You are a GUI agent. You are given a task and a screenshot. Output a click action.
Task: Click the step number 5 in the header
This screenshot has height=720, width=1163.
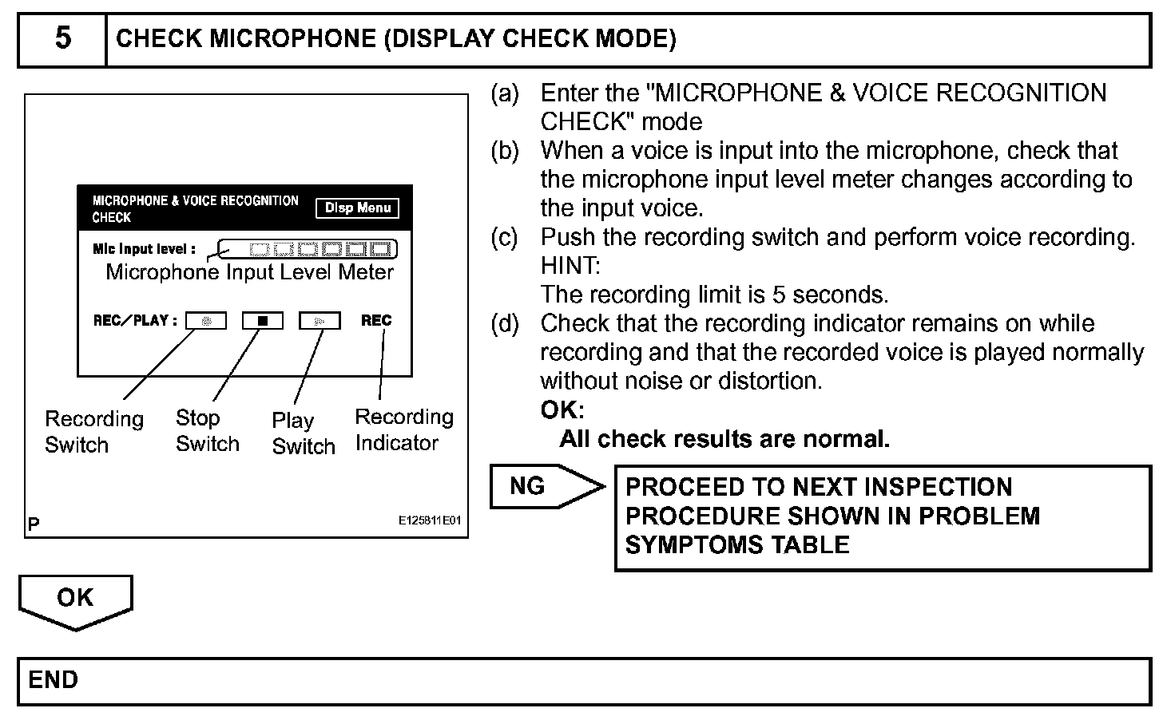62,38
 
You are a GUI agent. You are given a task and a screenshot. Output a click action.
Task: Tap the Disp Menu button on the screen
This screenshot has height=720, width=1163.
357,208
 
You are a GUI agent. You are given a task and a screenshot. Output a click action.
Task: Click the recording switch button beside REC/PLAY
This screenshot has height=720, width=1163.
206,321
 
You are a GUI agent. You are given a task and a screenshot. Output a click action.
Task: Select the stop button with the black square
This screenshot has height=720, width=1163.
263,321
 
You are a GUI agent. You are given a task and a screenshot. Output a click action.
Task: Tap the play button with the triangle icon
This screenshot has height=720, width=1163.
320,321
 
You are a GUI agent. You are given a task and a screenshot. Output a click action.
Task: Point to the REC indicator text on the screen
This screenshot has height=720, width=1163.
376,320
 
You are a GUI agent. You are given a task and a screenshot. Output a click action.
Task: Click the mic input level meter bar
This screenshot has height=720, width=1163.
308,249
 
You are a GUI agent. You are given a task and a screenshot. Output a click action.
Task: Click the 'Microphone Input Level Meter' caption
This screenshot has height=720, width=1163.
250,272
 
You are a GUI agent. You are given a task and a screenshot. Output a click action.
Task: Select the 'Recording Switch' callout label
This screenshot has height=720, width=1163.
93,432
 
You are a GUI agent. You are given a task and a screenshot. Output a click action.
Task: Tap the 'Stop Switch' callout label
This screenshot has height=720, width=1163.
207,431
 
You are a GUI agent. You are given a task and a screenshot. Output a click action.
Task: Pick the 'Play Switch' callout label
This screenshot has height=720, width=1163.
303,433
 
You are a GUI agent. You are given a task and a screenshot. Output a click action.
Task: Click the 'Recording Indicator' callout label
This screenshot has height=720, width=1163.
403,429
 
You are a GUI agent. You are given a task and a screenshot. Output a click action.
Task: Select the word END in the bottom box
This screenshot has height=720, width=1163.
54,680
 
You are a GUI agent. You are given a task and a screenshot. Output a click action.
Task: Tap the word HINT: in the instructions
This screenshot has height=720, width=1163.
570,266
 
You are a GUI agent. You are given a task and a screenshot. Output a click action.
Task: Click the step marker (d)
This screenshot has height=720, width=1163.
504,323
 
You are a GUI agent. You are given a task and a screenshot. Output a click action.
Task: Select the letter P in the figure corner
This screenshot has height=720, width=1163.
34,524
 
